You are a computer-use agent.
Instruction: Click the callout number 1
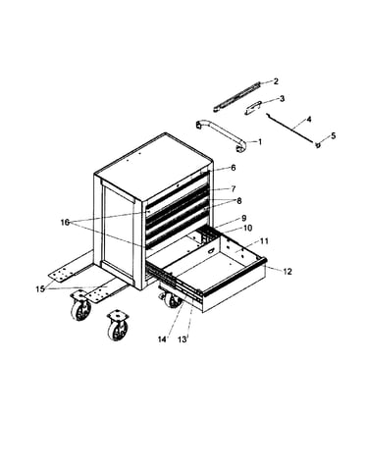pos(260,142)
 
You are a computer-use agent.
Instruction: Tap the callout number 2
pos(276,81)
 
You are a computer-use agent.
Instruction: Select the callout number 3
pos(282,98)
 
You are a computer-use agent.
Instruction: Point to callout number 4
pos(308,119)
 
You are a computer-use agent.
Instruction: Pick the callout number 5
pos(333,135)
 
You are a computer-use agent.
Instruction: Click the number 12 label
pos(288,271)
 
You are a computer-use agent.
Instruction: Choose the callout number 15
pos(40,289)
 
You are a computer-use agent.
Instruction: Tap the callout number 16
pos(65,223)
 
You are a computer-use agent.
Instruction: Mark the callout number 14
pos(162,339)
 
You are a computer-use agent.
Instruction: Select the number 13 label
pos(183,339)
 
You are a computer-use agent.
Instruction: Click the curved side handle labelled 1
pos(223,135)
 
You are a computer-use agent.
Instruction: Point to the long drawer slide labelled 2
pos(237,96)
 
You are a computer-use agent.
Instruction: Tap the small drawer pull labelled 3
pos(253,108)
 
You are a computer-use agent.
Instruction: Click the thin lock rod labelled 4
pos(290,128)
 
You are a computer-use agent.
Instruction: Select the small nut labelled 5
pos(317,144)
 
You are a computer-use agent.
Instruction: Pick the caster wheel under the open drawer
pos(171,299)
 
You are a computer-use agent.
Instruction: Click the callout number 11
pos(264,241)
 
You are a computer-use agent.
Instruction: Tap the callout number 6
pos(233,168)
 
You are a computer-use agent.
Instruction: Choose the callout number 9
pos(243,218)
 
